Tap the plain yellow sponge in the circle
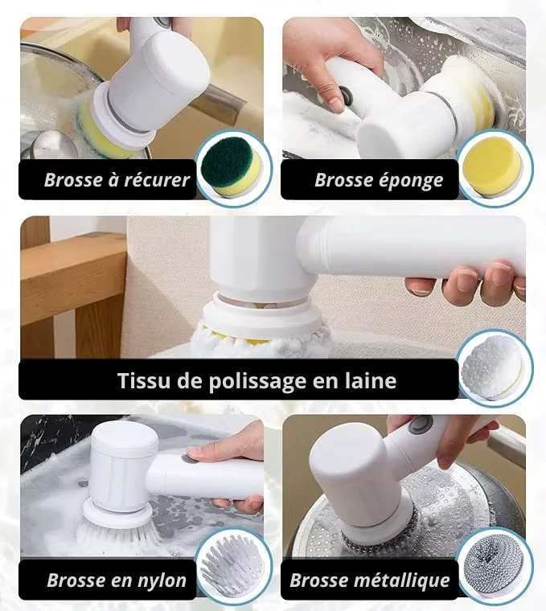(494, 167)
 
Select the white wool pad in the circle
(493, 368)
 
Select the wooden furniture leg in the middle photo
(94, 327)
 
